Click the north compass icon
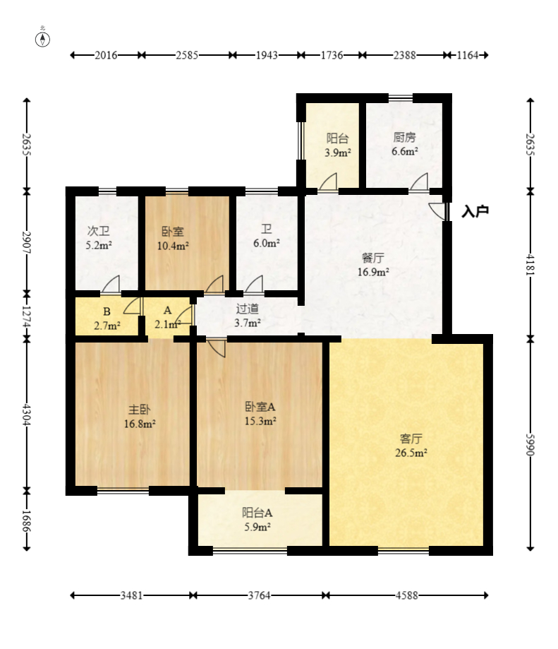click(x=42, y=40)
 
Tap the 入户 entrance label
click(x=475, y=211)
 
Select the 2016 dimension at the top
click(x=107, y=55)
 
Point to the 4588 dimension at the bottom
click(x=407, y=595)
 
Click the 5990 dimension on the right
click(x=530, y=444)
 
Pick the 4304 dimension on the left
click(x=27, y=415)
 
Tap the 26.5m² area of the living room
click(x=411, y=453)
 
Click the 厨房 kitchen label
click(x=404, y=137)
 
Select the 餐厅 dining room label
click(x=373, y=258)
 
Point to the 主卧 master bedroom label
click(x=139, y=410)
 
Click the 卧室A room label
click(x=260, y=407)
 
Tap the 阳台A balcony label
click(x=257, y=513)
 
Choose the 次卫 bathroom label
click(x=98, y=231)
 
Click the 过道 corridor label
click(x=247, y=309)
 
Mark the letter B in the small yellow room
click(x=107, y=311)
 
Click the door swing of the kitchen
click(x=419, y=182)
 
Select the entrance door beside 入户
click(x=438, y=211)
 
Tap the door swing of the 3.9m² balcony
click(x=328, y=182)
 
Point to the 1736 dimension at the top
click(x=332, y=55)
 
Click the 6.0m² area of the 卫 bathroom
click(x=266, y=243)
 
